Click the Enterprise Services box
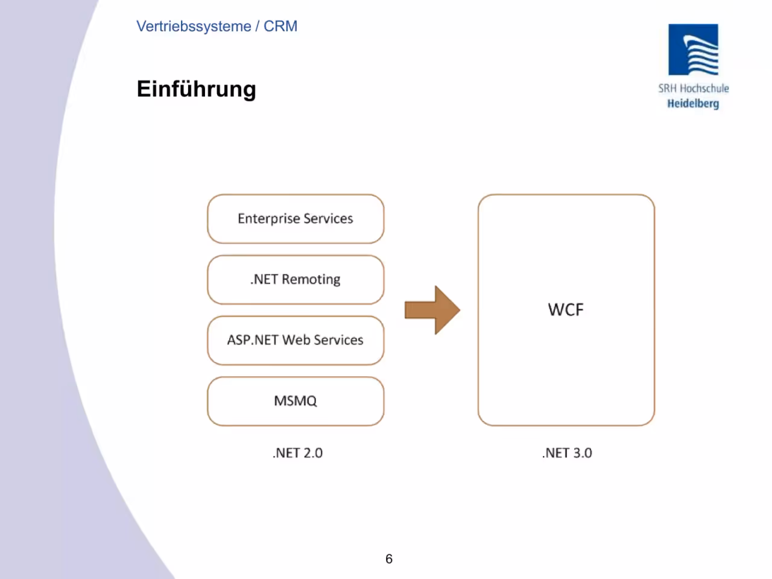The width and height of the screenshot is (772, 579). click(296, 219)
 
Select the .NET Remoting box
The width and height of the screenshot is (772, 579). click(296, 279)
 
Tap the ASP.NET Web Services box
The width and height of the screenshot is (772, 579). click(296, 340)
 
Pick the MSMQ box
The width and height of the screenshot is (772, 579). click(296, 401)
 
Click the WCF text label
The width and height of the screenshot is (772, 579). click(566, 310)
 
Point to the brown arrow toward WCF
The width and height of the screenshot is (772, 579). click(432, 310)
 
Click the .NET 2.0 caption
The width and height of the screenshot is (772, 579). click(297, 453)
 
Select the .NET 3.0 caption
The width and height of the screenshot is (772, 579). click(567, 453)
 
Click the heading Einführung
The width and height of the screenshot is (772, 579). click(196, 89)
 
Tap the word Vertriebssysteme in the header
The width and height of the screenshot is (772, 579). click(194, 27)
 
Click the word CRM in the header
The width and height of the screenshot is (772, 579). click(280, 27)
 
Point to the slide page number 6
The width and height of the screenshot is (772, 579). click(388, 558)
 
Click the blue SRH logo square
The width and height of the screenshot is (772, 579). click(693, 49)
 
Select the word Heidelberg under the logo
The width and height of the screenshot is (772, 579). click(693, 104)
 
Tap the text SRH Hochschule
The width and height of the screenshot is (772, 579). click(693, 88)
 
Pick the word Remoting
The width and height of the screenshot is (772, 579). click(311, 279)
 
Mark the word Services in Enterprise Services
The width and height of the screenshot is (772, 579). click(328, 219)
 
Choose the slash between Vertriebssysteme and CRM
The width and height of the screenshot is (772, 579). click(258, 27)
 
